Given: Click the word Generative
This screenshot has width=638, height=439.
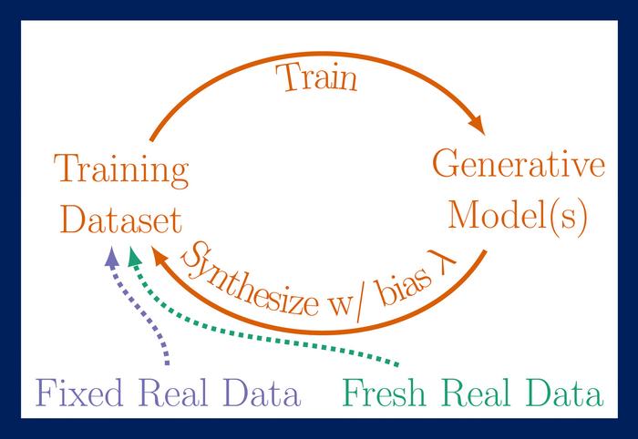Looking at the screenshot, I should point(519,167).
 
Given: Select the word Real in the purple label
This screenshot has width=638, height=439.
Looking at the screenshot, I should point(172,394).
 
